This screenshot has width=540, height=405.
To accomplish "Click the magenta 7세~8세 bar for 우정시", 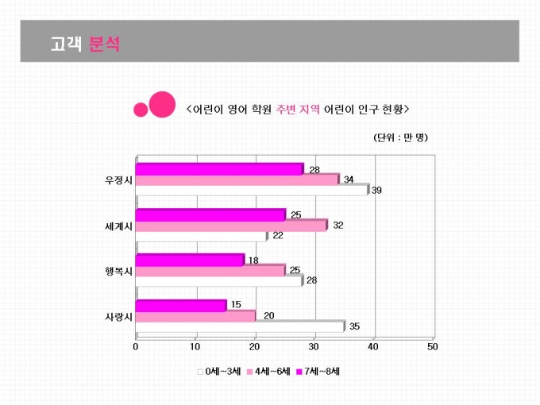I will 219,168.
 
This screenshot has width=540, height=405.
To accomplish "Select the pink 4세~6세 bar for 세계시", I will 231,226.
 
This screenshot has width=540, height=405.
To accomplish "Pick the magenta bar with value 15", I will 181,305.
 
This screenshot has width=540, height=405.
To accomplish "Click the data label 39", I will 376,191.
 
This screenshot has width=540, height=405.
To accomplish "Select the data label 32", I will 337,226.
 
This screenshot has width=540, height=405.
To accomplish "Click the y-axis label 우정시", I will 118,179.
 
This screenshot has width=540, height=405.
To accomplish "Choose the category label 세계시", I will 118,226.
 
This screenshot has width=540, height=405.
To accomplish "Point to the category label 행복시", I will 118,271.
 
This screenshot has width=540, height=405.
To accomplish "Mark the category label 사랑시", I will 118,316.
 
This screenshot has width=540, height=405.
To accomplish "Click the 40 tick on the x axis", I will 373,347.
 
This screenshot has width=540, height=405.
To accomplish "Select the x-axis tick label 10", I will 195,347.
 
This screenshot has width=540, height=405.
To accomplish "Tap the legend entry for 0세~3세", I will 219,371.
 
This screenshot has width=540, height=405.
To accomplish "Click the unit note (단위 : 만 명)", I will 400,137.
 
